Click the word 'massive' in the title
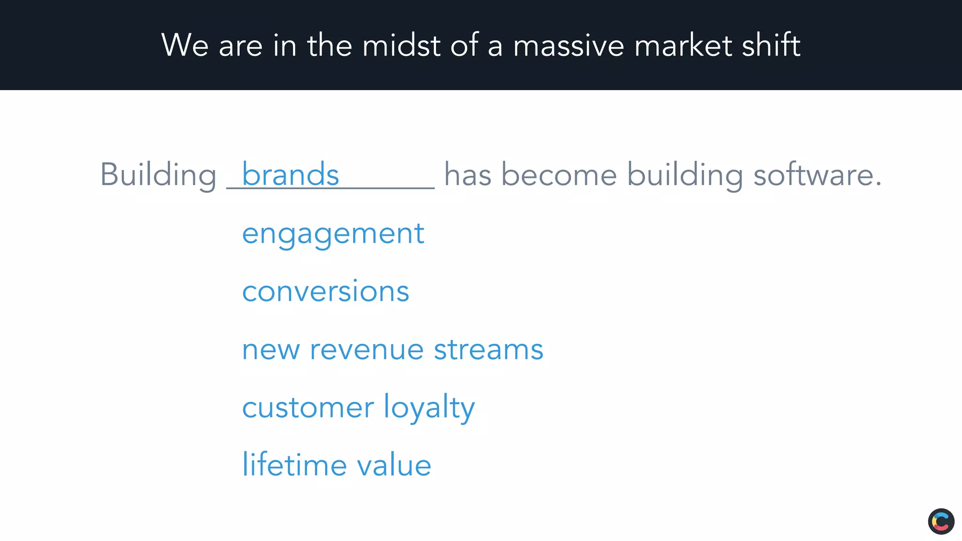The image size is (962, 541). click(x=568, y=46)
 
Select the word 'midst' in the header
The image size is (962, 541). click(x=401, y=46)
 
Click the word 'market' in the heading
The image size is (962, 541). click(x=683, y=46)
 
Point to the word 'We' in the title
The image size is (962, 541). click(x=185, y=46)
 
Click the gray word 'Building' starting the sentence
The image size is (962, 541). click(x=158, y=175)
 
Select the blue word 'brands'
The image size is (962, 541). click(x=290, y=174)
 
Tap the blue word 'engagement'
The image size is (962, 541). click(x=333, y=234)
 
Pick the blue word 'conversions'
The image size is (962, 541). click(x=326, y=291)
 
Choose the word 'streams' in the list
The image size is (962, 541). click(x=489, y=350)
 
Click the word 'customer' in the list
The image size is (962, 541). click(x=308, y=407)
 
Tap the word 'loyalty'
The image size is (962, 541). click(x=429, y=407)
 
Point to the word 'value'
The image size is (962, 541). click(x=394, y=466)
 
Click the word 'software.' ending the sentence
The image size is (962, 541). click(x=817, y=175)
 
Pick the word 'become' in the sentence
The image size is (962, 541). click(x=559, y=175)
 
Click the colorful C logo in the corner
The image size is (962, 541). click(x=941, y=521)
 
